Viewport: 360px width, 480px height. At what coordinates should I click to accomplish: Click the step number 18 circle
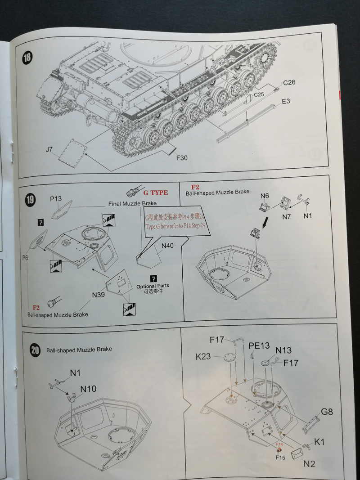[x=28, y=58]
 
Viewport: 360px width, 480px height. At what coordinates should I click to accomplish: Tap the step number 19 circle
[x=30, y=199]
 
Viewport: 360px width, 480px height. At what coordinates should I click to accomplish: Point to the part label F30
[x=181, y=158]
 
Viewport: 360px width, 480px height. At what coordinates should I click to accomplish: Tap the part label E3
[x=286, y=102]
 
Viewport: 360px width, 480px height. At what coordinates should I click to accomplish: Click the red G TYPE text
[x=156, y=193]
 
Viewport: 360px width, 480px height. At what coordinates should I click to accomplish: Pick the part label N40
[x=167, y=246]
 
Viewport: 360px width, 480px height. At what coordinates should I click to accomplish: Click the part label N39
[x=99, y=295]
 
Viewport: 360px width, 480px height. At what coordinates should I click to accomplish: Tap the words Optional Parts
[x=153, y=286]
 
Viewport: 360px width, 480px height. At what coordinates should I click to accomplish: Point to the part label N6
[x=265, y=196]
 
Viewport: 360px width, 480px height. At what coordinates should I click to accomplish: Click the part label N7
[x=287, y=216]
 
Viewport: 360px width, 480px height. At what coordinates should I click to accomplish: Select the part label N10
[x=89, y=389]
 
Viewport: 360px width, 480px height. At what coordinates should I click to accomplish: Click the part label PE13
[x=259, y=345]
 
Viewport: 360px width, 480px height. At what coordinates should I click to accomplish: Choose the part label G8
[x=327, y=411]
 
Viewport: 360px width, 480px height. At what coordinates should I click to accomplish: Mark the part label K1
[x=319, y=442]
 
